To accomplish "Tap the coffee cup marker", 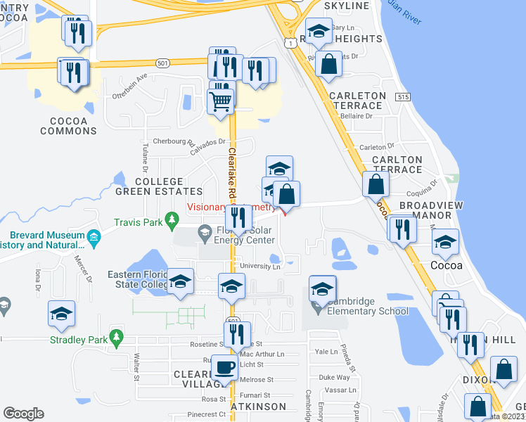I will [x=224, y=366].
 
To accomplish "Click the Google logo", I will [x=23, y=414].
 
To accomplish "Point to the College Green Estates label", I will [x=159, y=186].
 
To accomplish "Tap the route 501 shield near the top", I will [x=162, y=63].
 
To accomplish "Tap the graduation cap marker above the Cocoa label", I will [x=444, y=243].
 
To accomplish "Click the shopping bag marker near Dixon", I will [x=504, y=369].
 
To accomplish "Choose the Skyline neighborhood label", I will [x=347, y=6].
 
